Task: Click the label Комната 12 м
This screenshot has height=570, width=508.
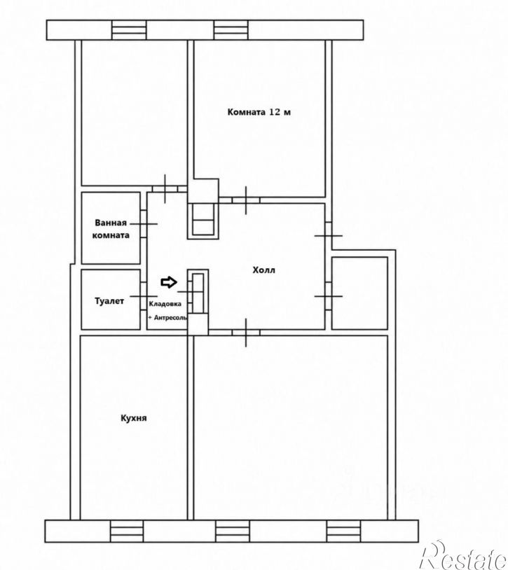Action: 259,112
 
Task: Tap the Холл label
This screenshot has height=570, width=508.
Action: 264,270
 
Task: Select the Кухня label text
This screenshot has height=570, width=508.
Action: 134,418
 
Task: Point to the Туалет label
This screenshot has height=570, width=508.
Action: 109,301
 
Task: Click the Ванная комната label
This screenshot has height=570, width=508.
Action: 111,229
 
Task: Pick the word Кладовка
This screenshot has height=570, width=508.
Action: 165,304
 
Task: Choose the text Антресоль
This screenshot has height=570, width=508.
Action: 170,318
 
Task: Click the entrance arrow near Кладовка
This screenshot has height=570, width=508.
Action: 169,282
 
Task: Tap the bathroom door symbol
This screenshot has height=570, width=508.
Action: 144,223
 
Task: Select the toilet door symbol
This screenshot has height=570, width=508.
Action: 144,296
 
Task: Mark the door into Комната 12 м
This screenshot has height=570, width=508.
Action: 246,200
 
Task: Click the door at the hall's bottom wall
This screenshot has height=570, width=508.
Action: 246,332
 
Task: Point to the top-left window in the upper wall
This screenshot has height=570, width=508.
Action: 129,30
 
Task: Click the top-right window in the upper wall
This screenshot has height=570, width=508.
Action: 231,30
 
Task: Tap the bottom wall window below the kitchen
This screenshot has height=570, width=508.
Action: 127,531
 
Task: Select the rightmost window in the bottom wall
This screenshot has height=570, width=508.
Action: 343,531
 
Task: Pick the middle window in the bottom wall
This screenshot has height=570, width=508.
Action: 233,531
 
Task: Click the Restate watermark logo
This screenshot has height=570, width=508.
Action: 464,555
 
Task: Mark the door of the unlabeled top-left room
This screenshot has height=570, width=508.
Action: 165,188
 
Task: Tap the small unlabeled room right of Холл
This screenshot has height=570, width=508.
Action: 359,293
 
